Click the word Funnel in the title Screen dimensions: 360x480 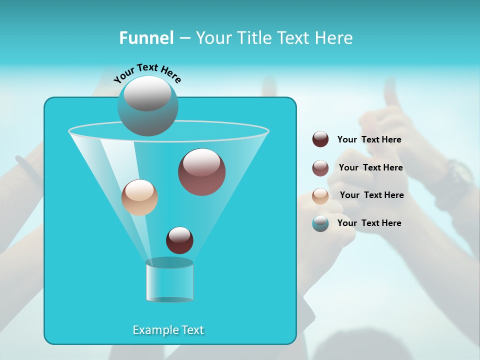point(146,38)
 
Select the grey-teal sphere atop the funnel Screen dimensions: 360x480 point(147,105)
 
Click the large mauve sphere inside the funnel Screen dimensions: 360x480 point(201,172)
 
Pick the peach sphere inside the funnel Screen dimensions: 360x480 point(139,197)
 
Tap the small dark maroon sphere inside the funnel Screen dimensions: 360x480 point(179,240)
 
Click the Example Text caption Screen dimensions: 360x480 point(168,330)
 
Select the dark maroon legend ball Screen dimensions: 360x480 point(320,139)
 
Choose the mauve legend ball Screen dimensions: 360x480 point(320,167)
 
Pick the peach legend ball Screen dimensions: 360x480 point(320,195)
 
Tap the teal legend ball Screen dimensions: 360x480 point(320,223)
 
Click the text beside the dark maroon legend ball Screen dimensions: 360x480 point(369,139)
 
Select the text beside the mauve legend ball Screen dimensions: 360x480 point(370,167)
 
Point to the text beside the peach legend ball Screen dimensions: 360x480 point(371,195)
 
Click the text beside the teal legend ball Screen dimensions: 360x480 point(369,223)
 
